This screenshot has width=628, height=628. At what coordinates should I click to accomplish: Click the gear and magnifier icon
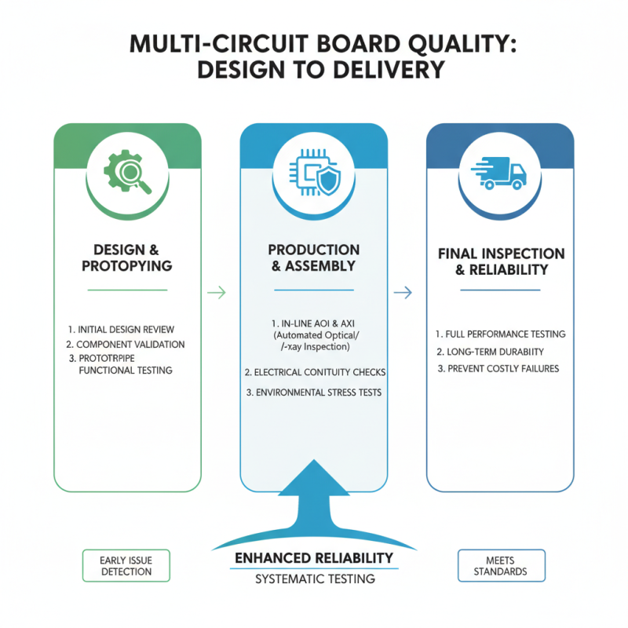tap(127, 168)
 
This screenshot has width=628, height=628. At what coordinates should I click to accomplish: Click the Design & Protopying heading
tap(127, 257)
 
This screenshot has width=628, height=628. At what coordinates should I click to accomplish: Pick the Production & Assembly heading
tap(313, 257)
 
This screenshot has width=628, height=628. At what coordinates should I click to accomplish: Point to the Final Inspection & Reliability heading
tap(500, 261)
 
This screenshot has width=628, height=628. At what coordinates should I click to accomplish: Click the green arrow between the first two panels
tap(216, 293)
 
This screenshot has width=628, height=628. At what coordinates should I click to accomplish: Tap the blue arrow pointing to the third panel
tap(403, 293)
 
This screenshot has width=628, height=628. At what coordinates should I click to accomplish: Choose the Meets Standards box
tap(500, 565)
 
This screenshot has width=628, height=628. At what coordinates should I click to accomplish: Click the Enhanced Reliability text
tap(314, 558)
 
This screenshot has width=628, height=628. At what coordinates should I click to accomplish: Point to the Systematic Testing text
tap(314, 579)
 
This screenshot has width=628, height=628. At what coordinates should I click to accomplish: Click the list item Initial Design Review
tap(126, 329)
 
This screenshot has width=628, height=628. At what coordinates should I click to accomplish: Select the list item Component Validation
tap(126, 344)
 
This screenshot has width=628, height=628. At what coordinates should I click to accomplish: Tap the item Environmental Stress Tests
tap(313, 392)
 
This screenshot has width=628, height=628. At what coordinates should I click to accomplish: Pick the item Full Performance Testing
tap(500, 334)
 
